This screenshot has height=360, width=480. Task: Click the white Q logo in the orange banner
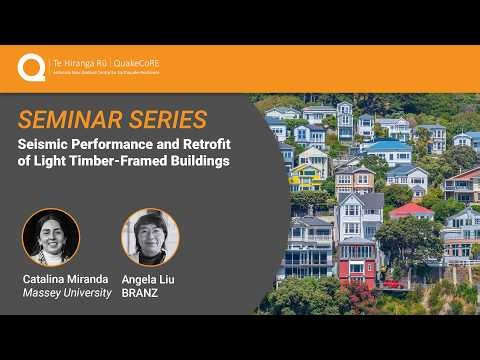coord(30,67)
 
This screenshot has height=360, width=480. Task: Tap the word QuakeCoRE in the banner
coord(137,63)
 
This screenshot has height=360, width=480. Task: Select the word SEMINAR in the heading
coord(75,120)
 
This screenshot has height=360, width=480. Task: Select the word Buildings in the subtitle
coord(202,161)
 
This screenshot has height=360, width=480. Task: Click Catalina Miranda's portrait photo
coord(50,236)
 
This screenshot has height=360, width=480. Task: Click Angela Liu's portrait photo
coord(149,236)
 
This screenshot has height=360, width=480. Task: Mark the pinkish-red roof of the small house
coord(410,210)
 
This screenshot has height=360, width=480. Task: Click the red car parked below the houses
coord(391,284)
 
